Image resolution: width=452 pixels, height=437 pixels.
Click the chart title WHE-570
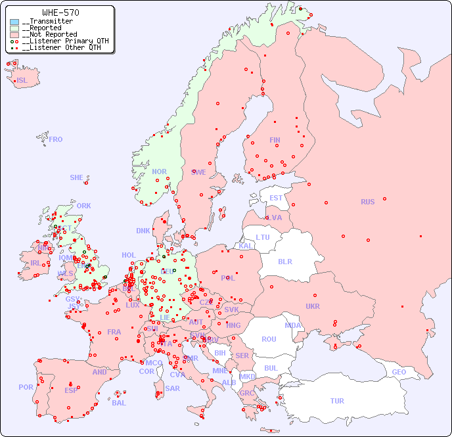click(x=60, y=12)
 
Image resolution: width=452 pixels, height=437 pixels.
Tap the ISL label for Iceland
click(x=22, y=81)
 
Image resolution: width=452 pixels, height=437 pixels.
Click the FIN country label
click(x=275, y=140)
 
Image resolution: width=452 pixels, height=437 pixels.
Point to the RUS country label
click(x=367, y=202)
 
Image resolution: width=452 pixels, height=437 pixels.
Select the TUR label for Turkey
click(x=337, y=401)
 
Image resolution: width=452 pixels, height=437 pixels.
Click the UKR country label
click(x=313, y=306)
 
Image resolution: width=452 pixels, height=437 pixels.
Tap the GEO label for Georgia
click(x=399, y=372)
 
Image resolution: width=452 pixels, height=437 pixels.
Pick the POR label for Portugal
click(x=26, y=387)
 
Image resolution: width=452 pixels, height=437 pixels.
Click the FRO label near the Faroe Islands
click(x=56, y=139)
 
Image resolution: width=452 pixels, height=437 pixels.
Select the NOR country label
click(x=159, y=172)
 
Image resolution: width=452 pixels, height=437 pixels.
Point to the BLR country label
click(x=284, y=261)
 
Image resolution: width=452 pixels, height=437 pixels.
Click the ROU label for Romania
click(x=269, y=339)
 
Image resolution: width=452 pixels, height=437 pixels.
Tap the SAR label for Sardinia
click(x=172, y=388)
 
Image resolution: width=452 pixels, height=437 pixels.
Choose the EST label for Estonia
click(x=276, y=198)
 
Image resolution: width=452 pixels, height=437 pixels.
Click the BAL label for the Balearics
click(x=119, y=403)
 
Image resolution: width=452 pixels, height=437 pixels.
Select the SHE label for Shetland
click(x=77, y=177)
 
